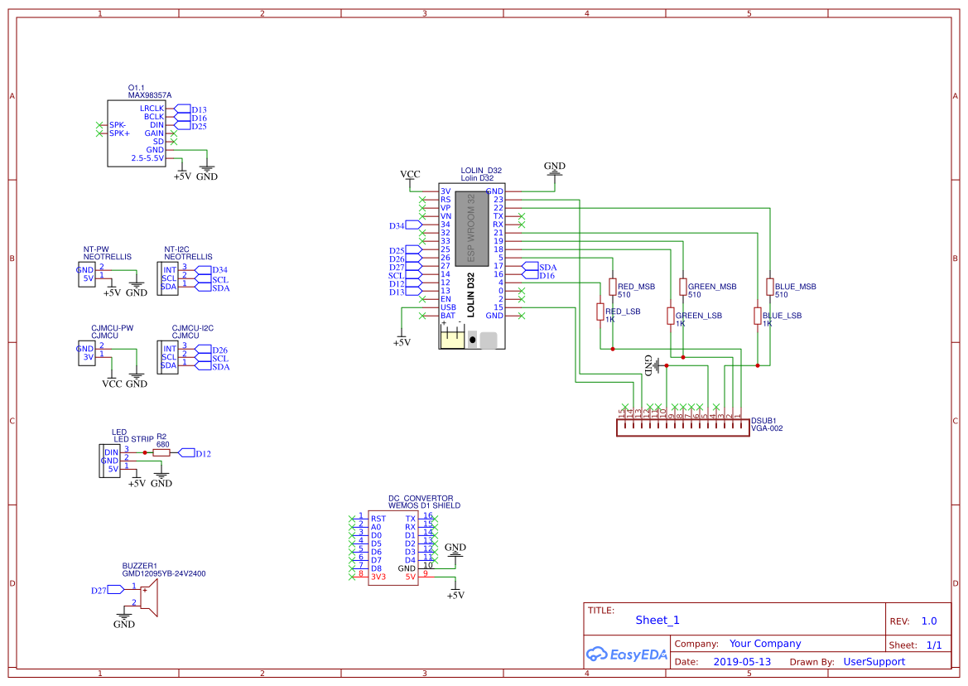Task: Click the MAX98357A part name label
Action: [150, 95]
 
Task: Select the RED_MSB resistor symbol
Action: [612, 287]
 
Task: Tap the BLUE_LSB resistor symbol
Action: [757, 316]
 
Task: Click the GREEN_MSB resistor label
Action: [712, 287]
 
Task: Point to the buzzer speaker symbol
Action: [148, 597]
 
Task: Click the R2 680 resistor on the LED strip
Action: [161, 453]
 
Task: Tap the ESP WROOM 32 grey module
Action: [470, 228]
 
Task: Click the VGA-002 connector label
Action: [767, 428]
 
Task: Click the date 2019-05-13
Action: [742, 662]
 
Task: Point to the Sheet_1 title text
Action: [657, 621]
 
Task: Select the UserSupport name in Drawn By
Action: [874, 662]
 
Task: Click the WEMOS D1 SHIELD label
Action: [424, 505]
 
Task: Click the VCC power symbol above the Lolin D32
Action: [410, 175]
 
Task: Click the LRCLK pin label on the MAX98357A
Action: [152, 109]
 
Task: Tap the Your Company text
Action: [765, 644]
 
